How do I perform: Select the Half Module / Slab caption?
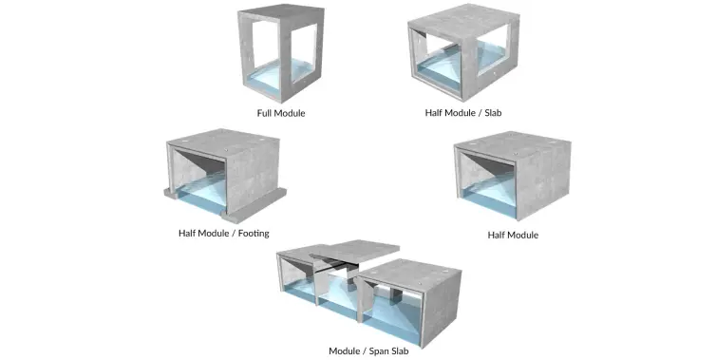462,113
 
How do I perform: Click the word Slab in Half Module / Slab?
489,113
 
